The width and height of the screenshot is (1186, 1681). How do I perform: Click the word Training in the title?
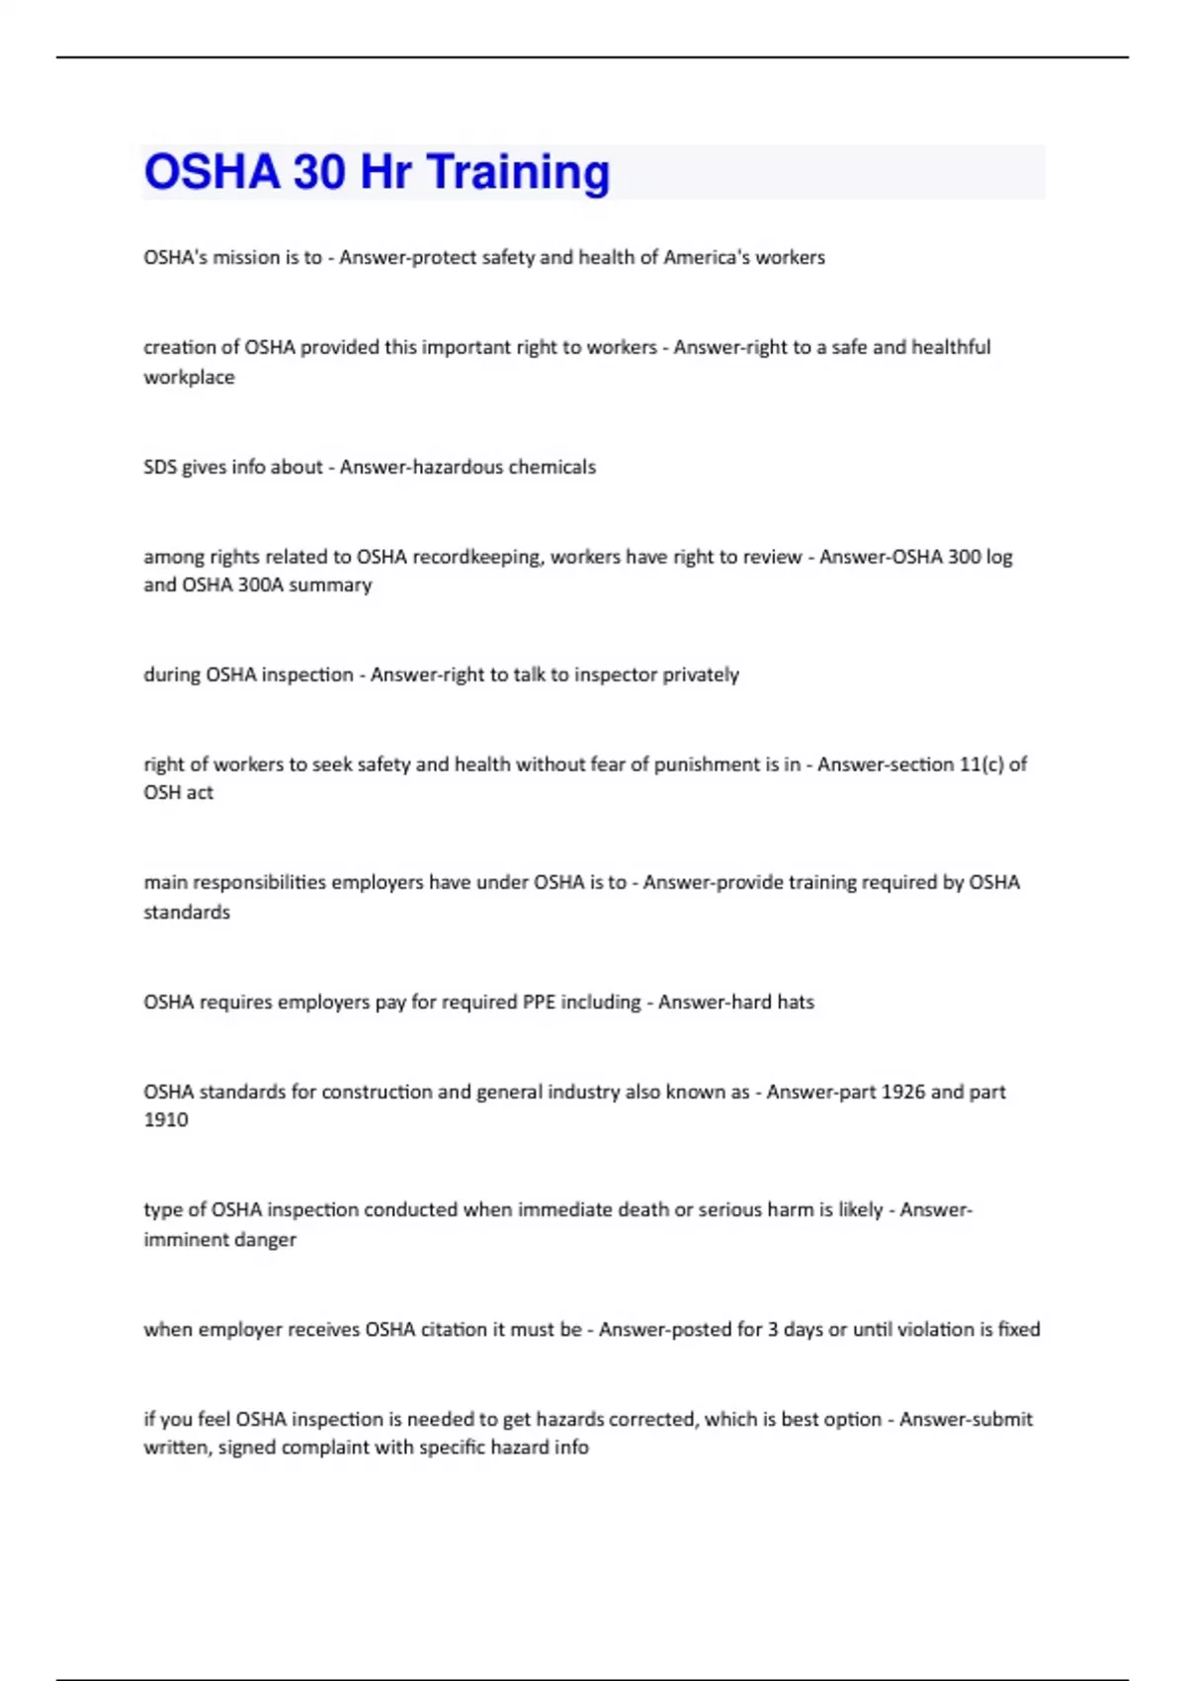[x=518, y=172]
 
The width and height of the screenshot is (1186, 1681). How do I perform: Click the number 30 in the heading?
[x=318, y=172]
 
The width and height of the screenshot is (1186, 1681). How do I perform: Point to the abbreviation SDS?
[x=160, y=467]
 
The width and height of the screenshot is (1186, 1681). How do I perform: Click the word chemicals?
[x=551, y=467]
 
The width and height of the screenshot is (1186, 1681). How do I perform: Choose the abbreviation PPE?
[x=539, y=1002]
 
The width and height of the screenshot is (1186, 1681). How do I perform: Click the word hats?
[x=796, y=1002]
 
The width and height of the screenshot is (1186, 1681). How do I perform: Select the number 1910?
[x=166, y=1119]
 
